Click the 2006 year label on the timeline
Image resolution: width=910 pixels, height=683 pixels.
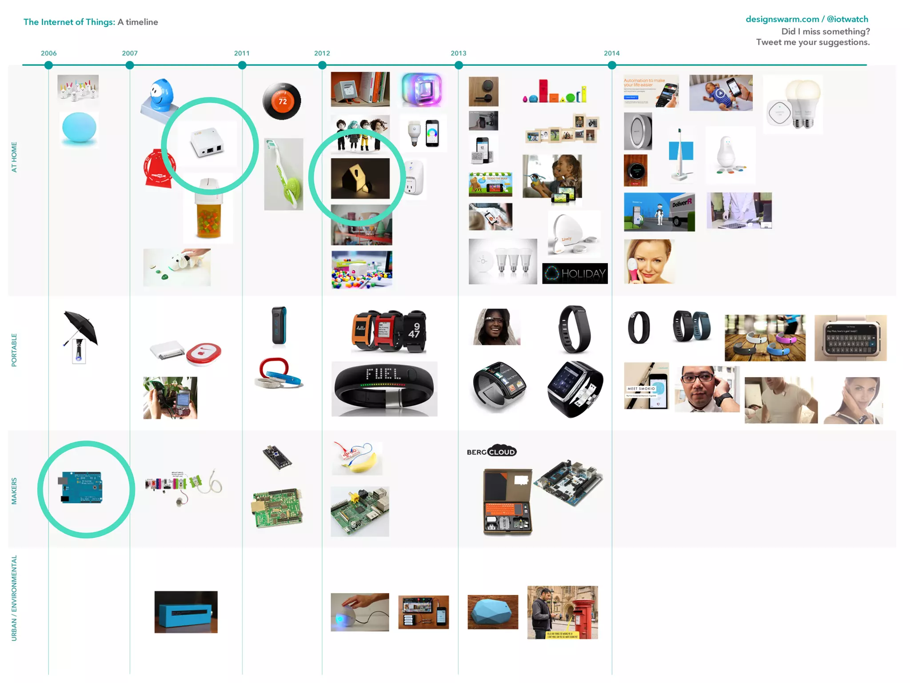[x=48, y=53]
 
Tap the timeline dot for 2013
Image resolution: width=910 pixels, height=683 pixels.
[x=459, y=65]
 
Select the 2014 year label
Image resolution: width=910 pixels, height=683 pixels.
[x=611, y=53]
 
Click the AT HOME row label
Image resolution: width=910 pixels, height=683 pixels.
[x=14, y=157]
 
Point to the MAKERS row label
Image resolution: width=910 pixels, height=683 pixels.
[x=14, y=491]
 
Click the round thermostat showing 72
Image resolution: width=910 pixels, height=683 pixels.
[x=282, y=101]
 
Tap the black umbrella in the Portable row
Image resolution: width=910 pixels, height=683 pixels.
[x=81, y=328]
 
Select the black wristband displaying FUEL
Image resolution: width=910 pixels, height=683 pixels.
[x=384, y=389]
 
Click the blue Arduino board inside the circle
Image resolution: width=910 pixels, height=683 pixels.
[x=81, y=487]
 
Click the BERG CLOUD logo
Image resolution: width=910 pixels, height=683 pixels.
[x=491, y=452]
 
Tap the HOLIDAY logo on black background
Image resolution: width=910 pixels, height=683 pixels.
[x=575, y=273]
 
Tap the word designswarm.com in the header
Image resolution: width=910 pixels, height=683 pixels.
[x=782, y=20]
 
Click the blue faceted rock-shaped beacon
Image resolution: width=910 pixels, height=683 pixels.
[x=492, y=611]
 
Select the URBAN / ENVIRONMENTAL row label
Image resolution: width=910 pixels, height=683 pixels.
[x=14, y=598]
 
